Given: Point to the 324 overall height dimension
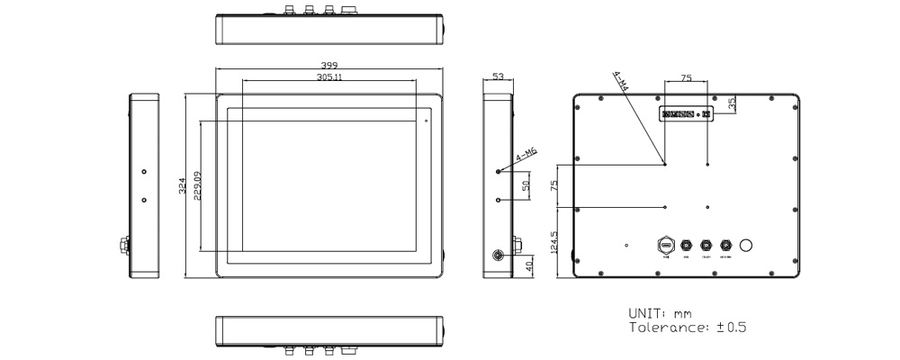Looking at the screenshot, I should (182, 186).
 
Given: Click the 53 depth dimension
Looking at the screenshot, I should (498, 78).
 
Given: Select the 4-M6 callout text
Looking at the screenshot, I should (526, 158).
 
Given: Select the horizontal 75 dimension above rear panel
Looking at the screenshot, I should (686, 79).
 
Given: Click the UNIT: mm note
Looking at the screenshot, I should (660, 312).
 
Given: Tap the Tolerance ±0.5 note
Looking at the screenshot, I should (687, 328).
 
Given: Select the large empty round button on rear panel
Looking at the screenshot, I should (745, 245).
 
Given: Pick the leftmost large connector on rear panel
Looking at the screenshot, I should (666, 245).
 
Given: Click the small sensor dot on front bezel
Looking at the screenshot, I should (427, 117).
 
